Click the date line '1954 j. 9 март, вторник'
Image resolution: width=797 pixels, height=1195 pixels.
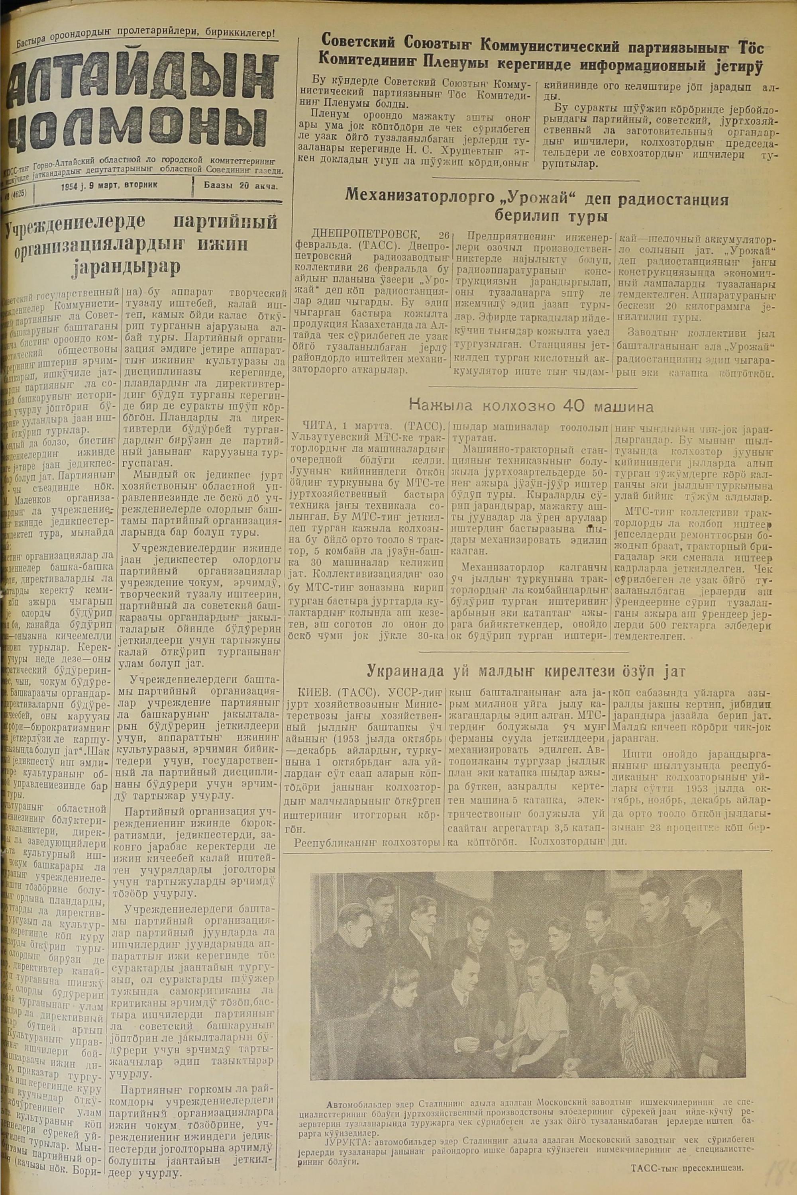109,186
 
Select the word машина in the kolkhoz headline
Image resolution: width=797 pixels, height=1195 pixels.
621,406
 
